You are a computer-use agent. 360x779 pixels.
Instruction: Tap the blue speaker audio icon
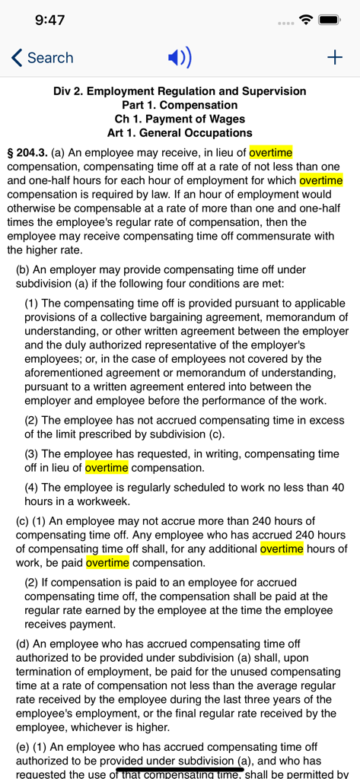coord(180,58)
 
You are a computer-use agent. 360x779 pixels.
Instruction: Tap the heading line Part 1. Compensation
coord(180,105)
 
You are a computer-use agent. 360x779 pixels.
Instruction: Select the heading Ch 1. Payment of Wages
coord(180,119)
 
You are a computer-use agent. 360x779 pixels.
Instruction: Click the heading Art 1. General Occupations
coord(180,133)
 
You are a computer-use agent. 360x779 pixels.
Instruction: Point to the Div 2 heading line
coord(180,91)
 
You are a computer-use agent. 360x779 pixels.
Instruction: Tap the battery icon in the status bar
coord(330,20)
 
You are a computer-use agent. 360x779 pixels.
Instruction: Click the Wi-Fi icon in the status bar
coord(307,20)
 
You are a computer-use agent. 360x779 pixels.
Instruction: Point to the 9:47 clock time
coord(50,20)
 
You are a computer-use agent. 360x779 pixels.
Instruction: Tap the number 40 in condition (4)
coord(338,488)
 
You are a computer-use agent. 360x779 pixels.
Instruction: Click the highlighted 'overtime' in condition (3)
coord(107,468)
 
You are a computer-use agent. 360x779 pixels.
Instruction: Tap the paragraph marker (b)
coord(23,270)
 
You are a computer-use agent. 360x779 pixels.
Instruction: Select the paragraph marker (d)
coord(23,644)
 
